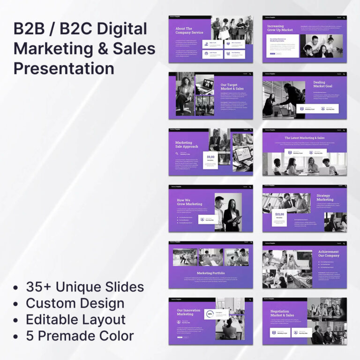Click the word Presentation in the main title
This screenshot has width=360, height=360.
(64, 68)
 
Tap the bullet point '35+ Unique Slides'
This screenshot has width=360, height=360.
(85, 287)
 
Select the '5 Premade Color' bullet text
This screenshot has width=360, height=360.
(80, 336)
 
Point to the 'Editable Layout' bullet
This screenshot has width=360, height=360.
(75, 320)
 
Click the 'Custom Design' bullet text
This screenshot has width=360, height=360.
(75, 303)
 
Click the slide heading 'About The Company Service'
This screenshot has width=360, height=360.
(189, 30)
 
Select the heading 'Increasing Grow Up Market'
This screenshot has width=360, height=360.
(280, 28)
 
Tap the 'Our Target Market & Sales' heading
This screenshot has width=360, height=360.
(232, 87)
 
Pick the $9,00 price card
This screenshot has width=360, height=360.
(210, 158)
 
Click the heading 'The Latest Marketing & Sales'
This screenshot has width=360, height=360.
(304, 138)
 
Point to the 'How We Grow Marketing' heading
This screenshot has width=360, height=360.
(189, 202)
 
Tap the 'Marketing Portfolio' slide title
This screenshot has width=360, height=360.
(210, 273)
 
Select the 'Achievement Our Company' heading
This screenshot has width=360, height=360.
(329, 254)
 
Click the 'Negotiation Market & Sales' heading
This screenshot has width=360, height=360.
(283, 313)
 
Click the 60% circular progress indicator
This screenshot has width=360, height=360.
(210, 314)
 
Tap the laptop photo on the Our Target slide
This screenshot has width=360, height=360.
(205, 84)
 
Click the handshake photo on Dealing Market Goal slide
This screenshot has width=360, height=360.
(284, 99)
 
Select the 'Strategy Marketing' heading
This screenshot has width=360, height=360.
(325, 197)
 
